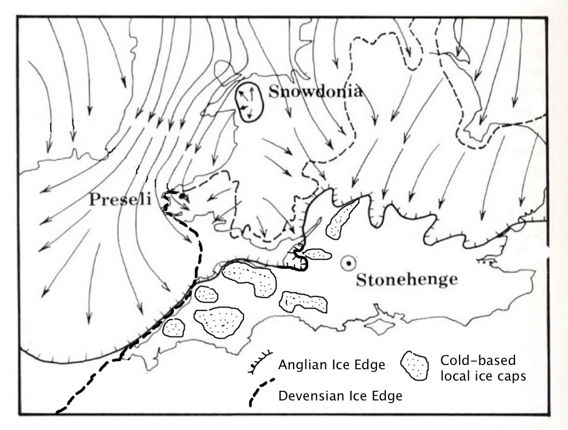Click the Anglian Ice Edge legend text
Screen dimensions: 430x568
(x=331, y=365)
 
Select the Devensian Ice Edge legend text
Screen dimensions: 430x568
(x=340, y=397)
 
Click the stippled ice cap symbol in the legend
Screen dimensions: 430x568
(x=415, y=366)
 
